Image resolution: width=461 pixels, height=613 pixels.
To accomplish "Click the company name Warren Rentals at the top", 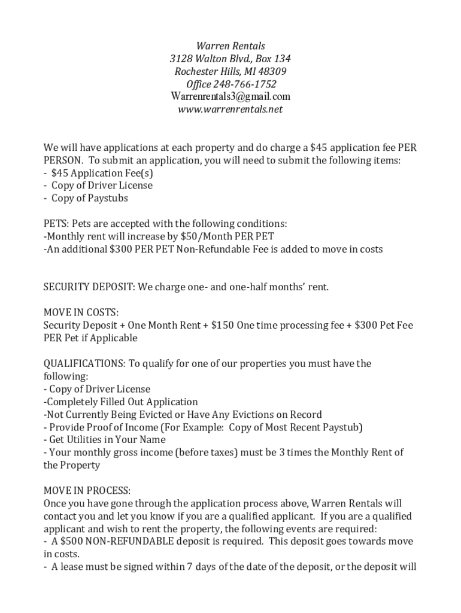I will (230, 46).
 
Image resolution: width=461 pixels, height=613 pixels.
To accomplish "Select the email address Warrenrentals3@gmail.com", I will (230, 97).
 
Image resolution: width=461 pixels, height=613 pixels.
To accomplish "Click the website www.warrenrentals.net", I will (230, 110).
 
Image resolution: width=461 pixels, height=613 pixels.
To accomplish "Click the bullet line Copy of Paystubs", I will (89, 198).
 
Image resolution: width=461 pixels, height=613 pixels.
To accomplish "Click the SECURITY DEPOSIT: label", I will (89, 287).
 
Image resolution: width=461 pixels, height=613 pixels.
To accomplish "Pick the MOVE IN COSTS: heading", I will (81, 312).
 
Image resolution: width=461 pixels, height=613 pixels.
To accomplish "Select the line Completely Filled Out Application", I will (120, 402).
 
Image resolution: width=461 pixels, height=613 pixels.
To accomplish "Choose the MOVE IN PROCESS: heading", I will (87, 491).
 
